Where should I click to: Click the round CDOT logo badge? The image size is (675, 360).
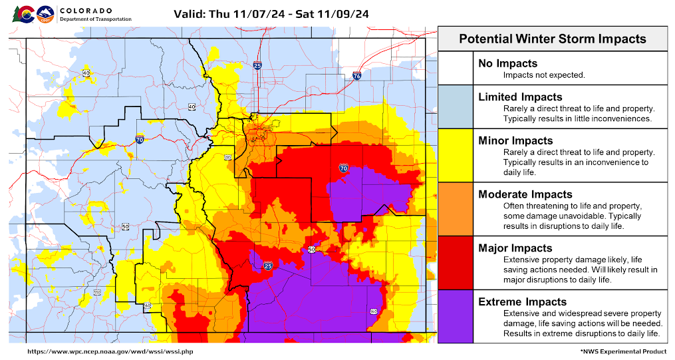[x=45, y=13]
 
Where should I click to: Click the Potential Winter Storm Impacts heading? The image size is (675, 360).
[x=552, y=39]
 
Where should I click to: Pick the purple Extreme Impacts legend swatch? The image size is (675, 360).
[x=455, y=316]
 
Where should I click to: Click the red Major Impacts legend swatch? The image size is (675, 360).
[x=455, y=262]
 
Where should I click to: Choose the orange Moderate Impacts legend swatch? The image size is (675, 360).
[x=455, y=208]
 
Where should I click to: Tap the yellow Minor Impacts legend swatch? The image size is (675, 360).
[x=455, y=155]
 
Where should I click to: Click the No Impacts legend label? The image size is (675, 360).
[x=507, y=63]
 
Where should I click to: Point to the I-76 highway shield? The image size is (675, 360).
[x=357, y=77]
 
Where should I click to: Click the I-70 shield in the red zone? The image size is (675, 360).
[x=343, y=168]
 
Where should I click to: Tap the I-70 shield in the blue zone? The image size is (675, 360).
[x=140, y=139]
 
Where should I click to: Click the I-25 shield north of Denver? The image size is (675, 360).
[x=257, y=65]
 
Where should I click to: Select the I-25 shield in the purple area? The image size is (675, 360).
[x=268, y=266]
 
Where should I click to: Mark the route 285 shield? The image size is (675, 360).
[x=227, y=158]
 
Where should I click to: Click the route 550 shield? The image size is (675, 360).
[x=97, y=292]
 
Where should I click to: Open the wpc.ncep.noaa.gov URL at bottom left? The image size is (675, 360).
[x=110, y=351]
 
